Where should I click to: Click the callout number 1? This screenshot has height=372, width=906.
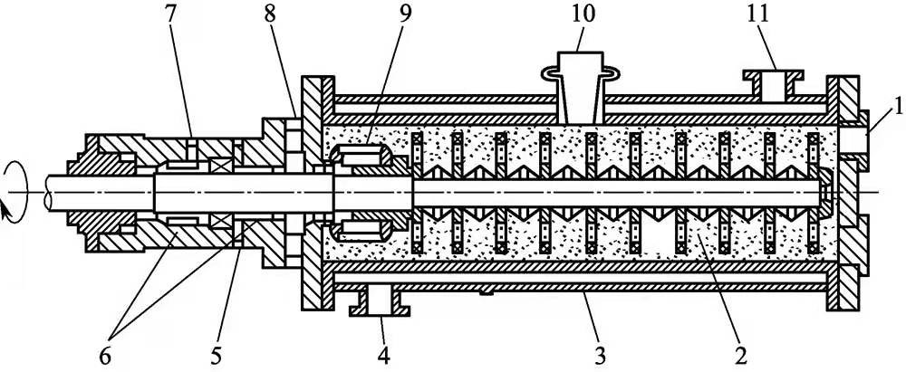[x=892, y=117]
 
